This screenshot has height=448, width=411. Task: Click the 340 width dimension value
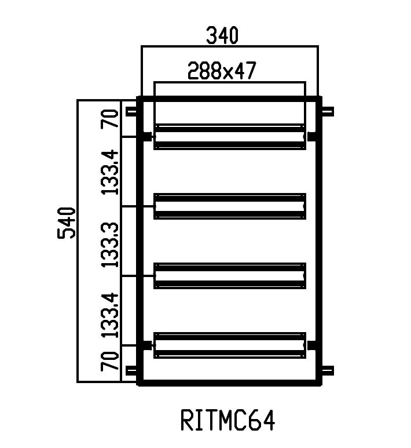222,36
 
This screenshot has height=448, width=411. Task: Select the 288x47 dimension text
222,71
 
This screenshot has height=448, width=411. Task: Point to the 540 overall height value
67,222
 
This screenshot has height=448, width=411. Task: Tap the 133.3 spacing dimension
110,243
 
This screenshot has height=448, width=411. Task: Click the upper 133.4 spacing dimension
110,172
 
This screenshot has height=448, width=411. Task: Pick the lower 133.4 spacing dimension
110,315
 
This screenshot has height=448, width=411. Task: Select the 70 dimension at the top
110,118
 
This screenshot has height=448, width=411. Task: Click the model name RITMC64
227,421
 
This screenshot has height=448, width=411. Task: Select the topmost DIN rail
229,137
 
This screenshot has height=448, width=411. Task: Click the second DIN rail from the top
229,206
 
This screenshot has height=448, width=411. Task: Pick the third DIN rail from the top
229,276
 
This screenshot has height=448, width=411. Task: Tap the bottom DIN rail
229,345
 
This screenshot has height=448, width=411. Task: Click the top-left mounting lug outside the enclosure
131,112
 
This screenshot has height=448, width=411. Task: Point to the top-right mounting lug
327,112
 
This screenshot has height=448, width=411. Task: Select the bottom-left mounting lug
131,370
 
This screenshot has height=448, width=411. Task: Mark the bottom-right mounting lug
327,370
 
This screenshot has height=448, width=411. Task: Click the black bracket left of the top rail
145,137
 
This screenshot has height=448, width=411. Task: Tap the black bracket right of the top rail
313,137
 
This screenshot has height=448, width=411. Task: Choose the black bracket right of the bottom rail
313,345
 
